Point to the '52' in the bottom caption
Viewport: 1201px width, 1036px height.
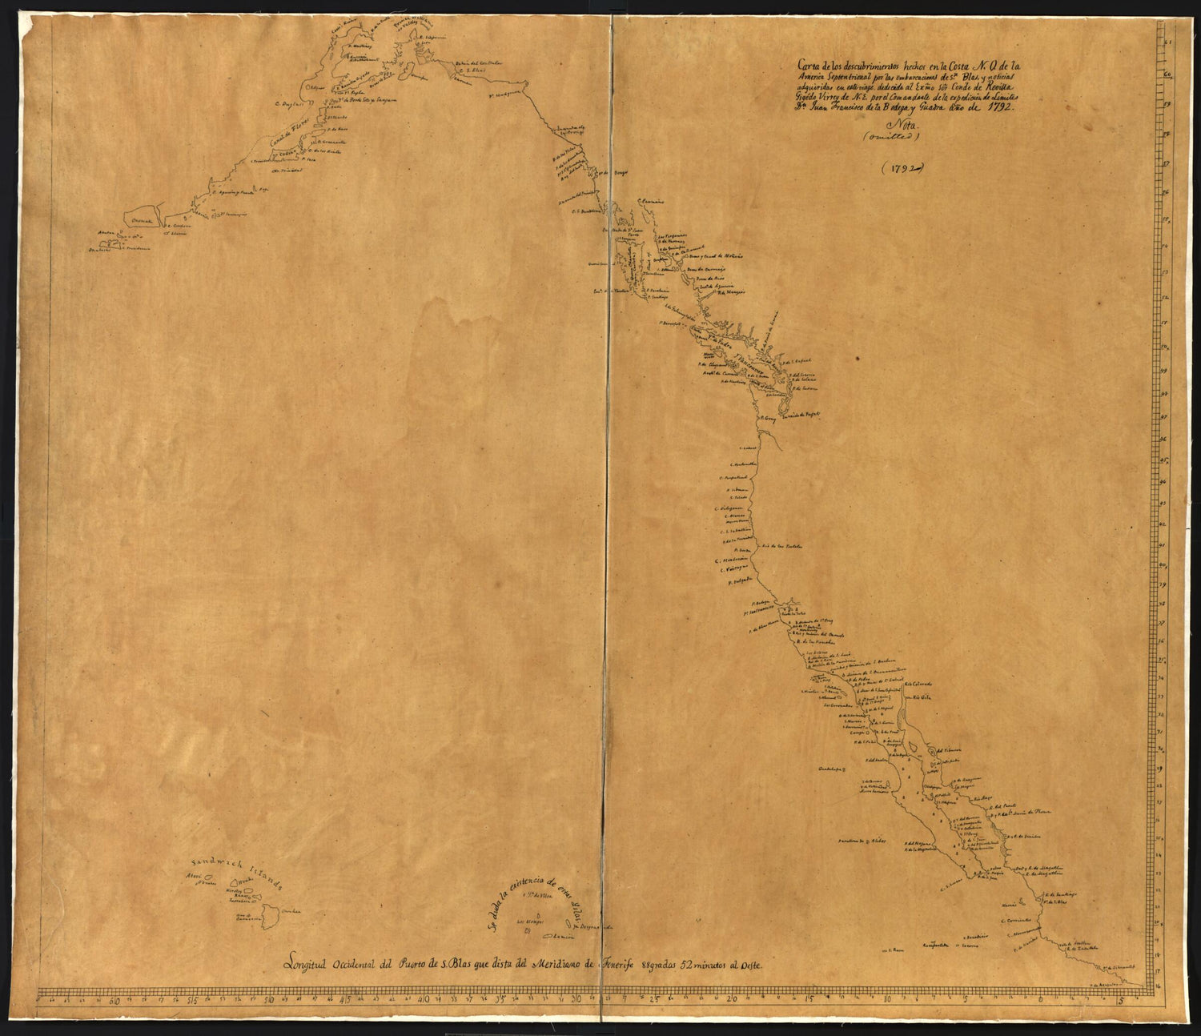(x=681, y=964)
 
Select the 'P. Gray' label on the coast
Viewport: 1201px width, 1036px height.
(x=768, y=417)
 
